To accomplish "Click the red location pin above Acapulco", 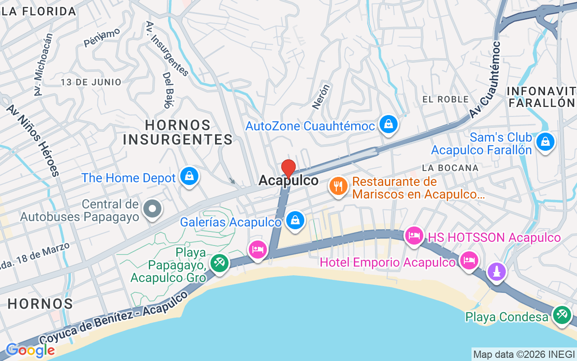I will [288, 168].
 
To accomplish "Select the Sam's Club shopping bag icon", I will [545, 142].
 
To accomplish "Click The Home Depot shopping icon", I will [189, 176].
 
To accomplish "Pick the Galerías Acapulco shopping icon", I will [295, 221].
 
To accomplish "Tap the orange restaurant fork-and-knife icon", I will [338, 186].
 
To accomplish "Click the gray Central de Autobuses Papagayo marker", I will [152, 208].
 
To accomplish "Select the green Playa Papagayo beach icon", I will [220, 263].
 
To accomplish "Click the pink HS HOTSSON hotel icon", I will [414, 236].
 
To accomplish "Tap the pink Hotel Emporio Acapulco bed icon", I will [469, 260].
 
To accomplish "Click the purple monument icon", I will [497, 272].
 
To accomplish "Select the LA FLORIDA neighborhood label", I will [39, 12].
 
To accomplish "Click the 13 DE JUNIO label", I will [92, 82].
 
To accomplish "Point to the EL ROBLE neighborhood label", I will [445, 99].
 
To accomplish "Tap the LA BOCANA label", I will [450, 168].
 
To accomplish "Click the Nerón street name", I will [321, 96].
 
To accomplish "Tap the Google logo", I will [30, 350].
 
